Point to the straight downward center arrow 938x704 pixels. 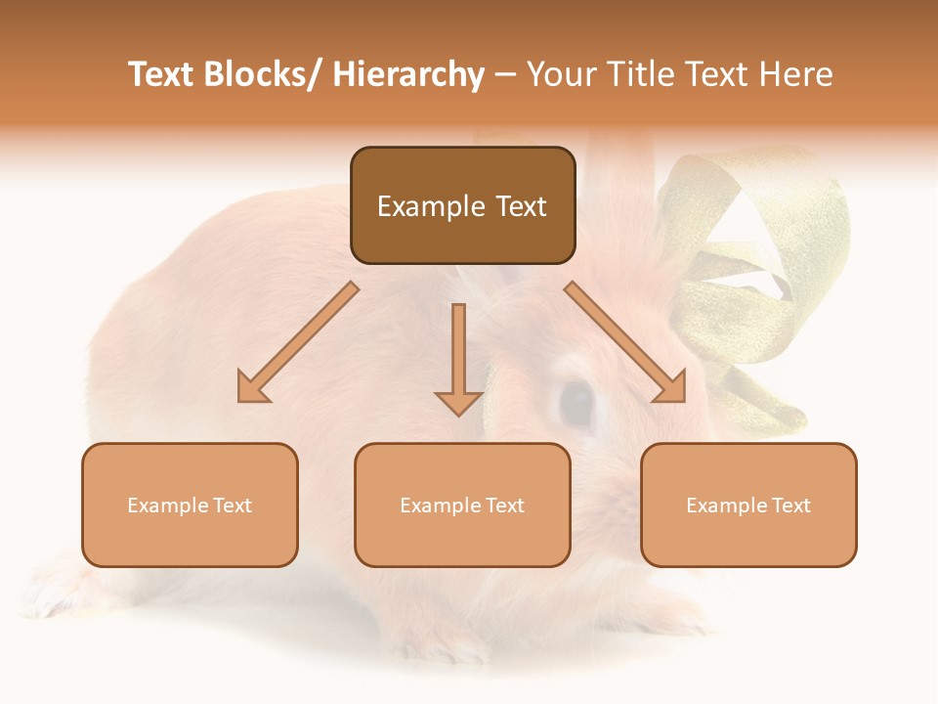458,358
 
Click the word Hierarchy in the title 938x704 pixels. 407,75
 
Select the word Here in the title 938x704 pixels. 795,75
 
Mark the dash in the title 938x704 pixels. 505,75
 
